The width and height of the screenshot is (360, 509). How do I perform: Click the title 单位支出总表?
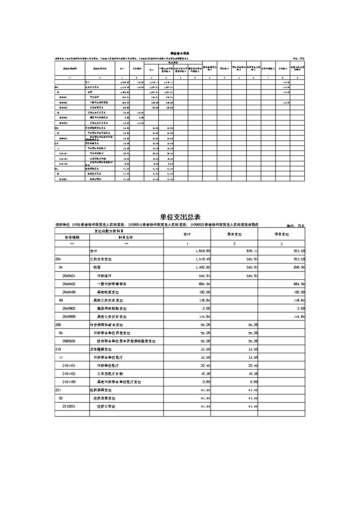180,217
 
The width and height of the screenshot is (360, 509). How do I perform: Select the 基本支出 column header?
234,234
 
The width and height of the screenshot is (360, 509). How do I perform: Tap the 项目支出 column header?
281,234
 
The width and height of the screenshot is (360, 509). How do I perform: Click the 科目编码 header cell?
72,237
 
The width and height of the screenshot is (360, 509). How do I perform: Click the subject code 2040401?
69,276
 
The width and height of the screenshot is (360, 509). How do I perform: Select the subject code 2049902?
69,308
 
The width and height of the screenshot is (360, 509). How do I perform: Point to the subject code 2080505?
69,341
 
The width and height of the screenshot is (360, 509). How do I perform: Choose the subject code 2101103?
69,374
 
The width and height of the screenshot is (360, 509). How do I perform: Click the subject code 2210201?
69,406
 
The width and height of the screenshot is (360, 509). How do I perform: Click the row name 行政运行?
104,276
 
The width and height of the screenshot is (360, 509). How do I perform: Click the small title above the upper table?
180,53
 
